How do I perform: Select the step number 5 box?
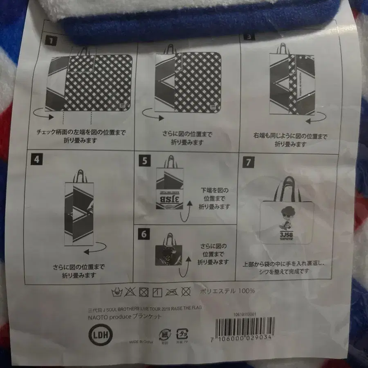(143, 160)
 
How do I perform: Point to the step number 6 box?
(144, 234)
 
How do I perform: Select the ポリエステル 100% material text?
(227, 291)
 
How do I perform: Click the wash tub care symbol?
(117, 292)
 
